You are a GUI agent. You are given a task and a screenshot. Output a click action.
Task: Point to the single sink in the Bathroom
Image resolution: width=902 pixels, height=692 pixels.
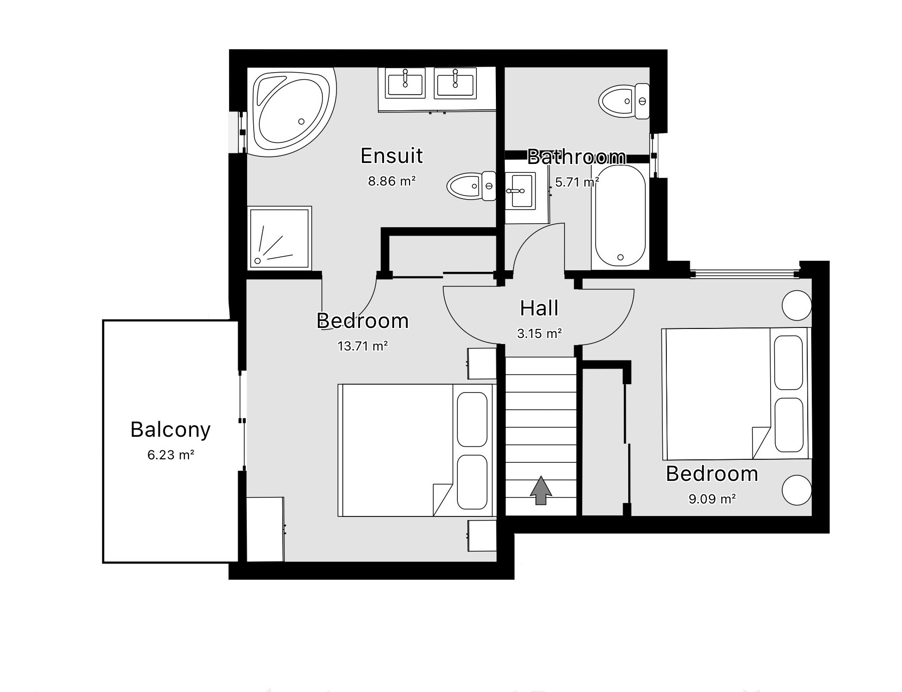[x=519, y=191]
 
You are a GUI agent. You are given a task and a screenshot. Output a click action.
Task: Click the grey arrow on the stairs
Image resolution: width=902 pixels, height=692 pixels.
[x=540, y=490]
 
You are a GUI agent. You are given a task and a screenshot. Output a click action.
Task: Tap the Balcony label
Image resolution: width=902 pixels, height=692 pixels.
[x=170, y=430]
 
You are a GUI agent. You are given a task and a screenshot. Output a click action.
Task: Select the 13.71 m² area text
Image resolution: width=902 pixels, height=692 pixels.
[x=363, y=346]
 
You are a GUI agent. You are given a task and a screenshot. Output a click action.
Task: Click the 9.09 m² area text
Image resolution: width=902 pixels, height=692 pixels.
[x=712, y=499]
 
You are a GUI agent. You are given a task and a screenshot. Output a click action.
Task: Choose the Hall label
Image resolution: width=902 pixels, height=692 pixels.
[x=539, y=308]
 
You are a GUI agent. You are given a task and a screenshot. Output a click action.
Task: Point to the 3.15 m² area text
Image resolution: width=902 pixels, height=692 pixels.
[x=539, y=333]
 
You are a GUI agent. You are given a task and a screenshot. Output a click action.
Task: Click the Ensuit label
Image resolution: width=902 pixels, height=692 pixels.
[x=392, y=156]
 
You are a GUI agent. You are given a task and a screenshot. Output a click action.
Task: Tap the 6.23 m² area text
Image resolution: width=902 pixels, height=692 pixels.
[x=170, y=455]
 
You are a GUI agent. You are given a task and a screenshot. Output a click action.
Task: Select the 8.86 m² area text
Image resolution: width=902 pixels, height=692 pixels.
[x=392, y=181]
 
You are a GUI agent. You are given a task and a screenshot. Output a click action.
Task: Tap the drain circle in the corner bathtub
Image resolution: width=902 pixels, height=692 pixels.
[x=301, y=121]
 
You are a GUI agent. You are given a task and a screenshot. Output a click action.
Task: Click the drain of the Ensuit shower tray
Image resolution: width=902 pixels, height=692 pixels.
[x=258, y=261]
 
